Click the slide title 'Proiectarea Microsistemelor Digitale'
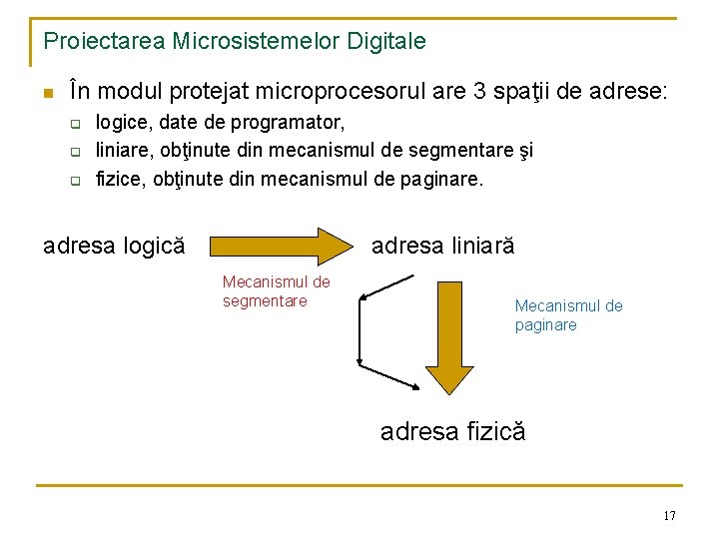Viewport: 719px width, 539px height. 235,41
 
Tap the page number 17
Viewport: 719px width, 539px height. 669,515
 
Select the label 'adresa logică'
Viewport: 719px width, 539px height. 114,246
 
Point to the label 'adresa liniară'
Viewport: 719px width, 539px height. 442,246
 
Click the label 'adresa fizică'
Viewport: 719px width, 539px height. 452,431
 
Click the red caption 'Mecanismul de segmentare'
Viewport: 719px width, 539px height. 276,291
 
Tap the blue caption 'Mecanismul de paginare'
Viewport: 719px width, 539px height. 568,315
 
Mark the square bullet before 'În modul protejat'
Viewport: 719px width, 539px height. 46,94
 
